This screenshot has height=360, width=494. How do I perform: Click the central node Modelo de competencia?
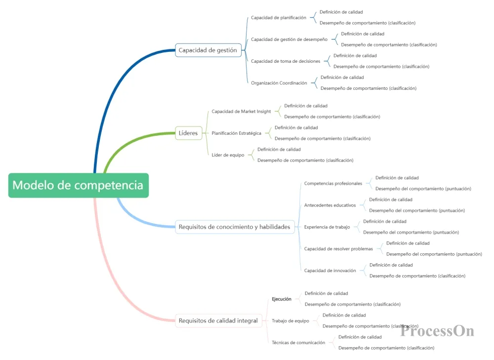pyautogui.click(x=78, y=185)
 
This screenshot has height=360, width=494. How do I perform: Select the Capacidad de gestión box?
pyautogui.click(x=207, y=50)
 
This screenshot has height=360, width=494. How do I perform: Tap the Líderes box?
pyautogui.click(x=188, y=133)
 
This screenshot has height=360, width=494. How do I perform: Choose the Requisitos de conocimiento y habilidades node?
pyautogui.click(x=235, y=227)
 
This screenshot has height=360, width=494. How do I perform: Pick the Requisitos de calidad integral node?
pyautogui.click(x=218, y=320)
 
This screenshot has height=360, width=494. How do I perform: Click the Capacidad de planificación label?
pyautogui.click(x=279, y=17)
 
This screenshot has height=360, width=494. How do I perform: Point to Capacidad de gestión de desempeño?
pyautogui.click(x=289, y=39)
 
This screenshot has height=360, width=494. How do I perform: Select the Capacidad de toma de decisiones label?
pyautogui.click(x=286, y=61)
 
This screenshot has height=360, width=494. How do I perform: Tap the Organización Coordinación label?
pyautogui.click(x=279, y=83)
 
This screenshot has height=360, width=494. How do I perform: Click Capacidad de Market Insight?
pyautogui.click(x=241, y=111)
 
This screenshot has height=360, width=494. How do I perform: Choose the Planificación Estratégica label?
pyautogui.click(x=237, y=133)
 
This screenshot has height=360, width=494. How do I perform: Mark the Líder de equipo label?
pyautogui.click(x=228, y=155)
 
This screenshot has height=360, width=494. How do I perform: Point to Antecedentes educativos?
pyautogui.click(x=330, y=205)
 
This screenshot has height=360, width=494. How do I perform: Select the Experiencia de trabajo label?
pyautogui.click(x=327, y=227)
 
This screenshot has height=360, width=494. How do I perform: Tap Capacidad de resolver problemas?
pyautogui.click(x=338, y=249)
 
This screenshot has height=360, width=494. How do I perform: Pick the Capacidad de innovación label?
pyautogui.click(x=330, y=271)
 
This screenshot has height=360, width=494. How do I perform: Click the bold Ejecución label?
pyautogui.click(x=282, y=299)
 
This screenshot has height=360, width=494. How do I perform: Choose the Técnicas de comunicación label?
pyautogui.click(x=298, y=342)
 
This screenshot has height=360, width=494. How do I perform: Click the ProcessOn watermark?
pyautogui.click(x=437, y=330)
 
